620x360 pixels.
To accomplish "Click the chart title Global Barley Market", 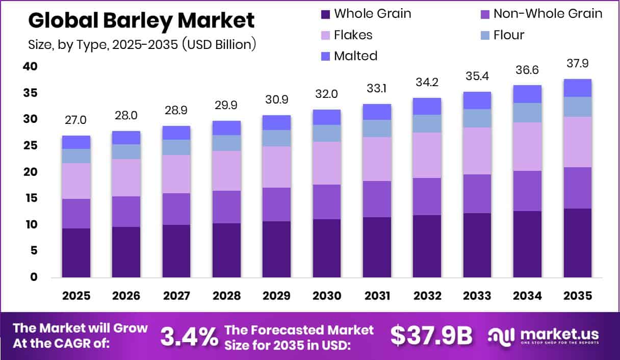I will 141,21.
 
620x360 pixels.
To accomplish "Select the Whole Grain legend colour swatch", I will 326,14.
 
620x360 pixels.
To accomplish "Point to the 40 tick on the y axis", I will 30,66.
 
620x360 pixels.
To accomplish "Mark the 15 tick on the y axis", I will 30,198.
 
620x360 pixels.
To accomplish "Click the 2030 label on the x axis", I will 327,296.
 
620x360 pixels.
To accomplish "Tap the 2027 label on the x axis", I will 176,296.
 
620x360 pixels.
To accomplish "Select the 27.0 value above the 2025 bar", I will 75,120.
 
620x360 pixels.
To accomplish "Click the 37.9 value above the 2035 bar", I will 578,63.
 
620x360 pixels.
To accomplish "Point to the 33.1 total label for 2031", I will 377,88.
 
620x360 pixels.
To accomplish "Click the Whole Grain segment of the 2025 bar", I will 76,252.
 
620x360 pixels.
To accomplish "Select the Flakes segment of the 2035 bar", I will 577,142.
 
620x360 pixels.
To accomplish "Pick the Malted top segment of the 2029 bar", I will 277,122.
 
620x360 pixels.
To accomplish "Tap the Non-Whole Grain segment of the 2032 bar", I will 427,196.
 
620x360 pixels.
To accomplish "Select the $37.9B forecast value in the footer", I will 431,335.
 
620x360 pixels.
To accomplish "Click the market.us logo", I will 544,336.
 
